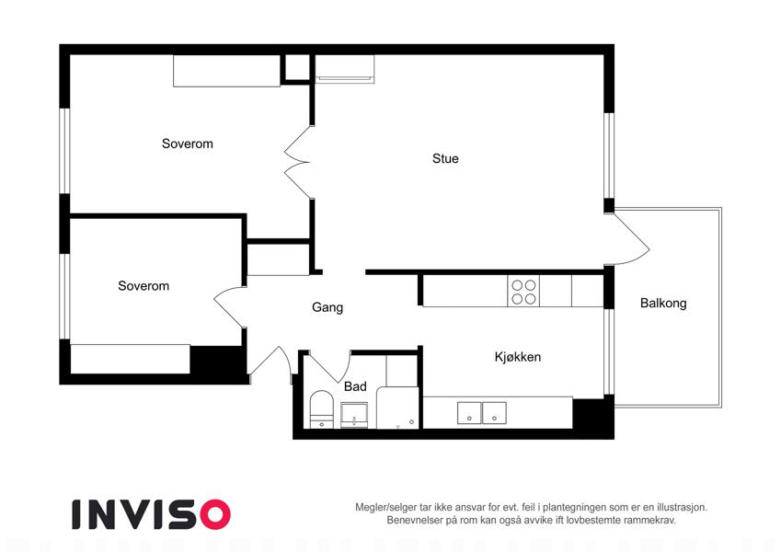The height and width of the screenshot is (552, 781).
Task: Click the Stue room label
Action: pos(445,158)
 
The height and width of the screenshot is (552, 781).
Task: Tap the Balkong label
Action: pos(663,303)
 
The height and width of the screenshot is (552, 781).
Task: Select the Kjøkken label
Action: pos(518,357)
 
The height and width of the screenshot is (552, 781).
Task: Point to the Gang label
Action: pos(327,307)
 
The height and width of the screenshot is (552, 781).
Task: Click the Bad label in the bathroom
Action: pos(355,386)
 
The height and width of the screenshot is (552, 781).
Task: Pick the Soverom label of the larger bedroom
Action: pos(188,144)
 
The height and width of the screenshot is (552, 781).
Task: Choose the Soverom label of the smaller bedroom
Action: pos(144,285)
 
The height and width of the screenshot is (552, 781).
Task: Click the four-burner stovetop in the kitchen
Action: pos(523,292)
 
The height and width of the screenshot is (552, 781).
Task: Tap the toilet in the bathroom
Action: pos(321,409)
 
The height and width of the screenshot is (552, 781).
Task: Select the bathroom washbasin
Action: pos(354,416)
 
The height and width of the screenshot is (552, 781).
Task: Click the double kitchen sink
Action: pos(482,413)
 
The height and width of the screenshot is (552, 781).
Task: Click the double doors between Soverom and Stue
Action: pos(298,163)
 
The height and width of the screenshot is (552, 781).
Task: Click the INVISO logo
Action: pos(152,514)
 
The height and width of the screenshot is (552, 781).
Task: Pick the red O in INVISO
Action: pos(214,514)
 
